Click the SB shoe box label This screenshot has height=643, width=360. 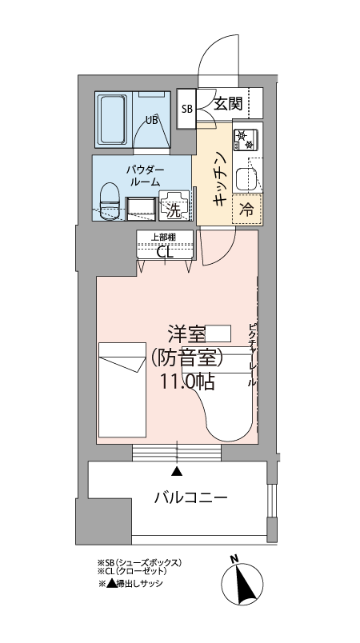click(187, 109)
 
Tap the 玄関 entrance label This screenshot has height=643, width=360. click(228, 104)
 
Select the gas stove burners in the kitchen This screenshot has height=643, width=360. click(246, 139)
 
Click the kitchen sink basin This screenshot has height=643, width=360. click(246, 179)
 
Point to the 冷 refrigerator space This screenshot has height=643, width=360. click(247, 210)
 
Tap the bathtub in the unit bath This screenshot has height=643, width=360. click(112, 119)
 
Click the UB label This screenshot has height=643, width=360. click(152, 120)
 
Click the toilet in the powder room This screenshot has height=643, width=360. click(110, 201)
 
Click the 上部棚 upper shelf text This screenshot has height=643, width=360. click(164, 237)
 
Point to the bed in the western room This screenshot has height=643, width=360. click(122, 389)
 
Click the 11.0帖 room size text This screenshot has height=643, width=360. click(187, 381)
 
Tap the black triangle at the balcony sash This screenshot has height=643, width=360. click(177, 471)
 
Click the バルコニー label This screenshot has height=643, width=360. click(190, 498)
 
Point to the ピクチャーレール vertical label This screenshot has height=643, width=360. click(253, 356)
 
